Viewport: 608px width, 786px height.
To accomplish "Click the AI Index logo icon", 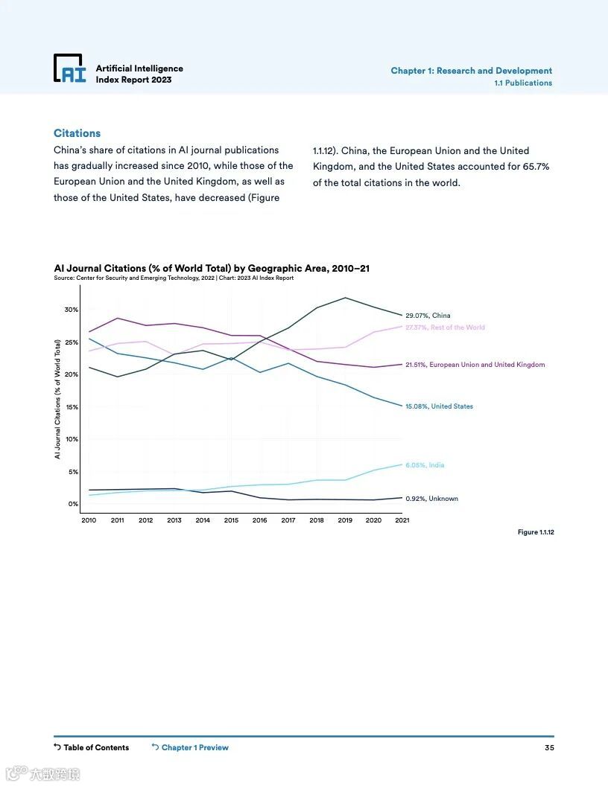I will [x=70, y=68].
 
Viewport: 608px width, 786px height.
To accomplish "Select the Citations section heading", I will [x=77, y=133].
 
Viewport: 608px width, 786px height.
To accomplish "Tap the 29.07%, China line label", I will [x=428, y=316].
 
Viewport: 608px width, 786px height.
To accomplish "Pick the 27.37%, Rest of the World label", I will [x=445, y=327].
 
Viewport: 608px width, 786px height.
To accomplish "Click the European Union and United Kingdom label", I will [x=475, y=365].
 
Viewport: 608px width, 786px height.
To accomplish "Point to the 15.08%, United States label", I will [x=439, y=406].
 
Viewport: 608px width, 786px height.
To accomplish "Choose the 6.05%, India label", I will [x=425, y=465].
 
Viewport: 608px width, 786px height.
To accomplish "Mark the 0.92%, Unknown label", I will [x=431, y=499].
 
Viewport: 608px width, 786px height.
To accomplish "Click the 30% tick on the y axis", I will [x=71, y=310].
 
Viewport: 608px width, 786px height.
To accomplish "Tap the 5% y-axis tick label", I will [x=73, y=472].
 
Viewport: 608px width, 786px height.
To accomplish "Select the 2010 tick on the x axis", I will [x=89, y=520].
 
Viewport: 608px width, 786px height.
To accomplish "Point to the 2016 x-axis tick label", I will [x=259, y=520].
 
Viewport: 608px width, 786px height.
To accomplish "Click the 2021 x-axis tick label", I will [x=402, y=520].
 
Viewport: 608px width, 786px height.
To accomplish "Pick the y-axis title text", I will [x=57, y=399].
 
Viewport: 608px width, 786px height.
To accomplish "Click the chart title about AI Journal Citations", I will [x=212, y=268].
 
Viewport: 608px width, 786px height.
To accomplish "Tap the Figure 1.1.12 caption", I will [x=536, y=532].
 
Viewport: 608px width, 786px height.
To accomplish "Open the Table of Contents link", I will [x=95, y=747].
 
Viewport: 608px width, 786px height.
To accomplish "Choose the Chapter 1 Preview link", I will [x=194, y=747].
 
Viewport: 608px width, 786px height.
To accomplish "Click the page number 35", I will [x=549, y=747].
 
